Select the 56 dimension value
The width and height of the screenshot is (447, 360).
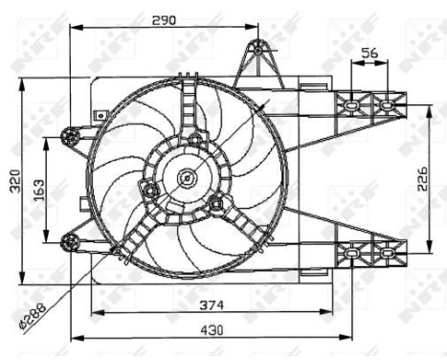[369, 55]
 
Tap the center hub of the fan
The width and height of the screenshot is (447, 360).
[187, 176]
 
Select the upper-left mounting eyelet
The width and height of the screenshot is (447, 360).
[69, 133]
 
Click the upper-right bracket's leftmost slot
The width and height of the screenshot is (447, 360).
[352, 102]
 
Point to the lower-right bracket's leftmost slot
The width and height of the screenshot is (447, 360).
[352, 253]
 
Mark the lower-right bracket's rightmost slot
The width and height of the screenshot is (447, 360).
[387, 253]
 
